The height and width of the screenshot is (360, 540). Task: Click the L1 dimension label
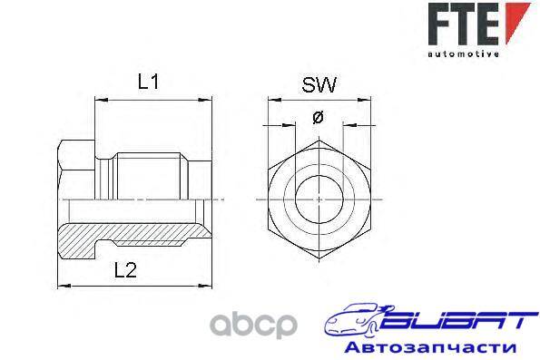[x=149, y=82]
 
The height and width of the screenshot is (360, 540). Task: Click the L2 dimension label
[x=126, y=270]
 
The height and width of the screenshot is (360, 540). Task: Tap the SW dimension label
[x=319, y=85]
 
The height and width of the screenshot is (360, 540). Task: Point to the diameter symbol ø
[x=318, y=118]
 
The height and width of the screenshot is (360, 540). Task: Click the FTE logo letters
[x=464, y=24]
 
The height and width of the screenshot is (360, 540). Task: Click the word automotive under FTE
[x=464, y=54]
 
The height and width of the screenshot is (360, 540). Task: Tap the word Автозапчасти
[x=430, y=346]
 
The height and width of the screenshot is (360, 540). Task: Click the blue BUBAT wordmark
[x=459, y=319]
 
